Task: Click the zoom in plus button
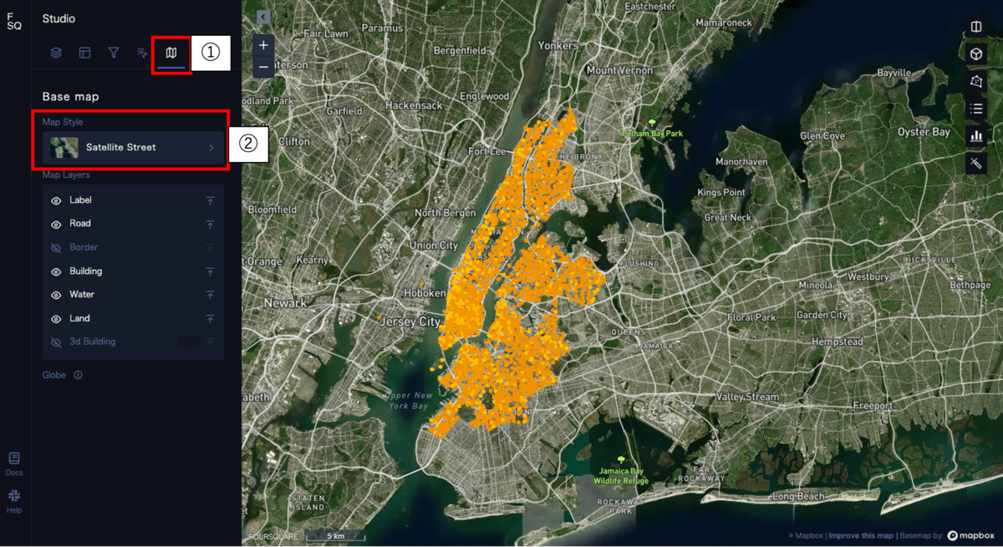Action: coord(263,45)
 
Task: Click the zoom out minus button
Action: coord(263,67)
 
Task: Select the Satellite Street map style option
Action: coord(133,148)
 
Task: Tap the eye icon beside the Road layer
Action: coord(56,224)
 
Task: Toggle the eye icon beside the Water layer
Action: coord(56,295)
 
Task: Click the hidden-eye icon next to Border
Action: coord(56,248)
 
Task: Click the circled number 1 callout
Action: coord(211,53)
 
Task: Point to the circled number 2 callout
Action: coord(247,144)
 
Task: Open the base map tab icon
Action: coord(171,53)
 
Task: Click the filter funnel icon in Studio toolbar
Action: coord(114,53)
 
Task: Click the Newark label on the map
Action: coord(286,303)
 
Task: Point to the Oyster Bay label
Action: coord(924,132)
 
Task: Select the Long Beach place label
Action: coord(797,496)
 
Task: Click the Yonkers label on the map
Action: coord(558,46)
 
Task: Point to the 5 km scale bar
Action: coord(335,535)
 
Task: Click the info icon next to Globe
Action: coord(78,376)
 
